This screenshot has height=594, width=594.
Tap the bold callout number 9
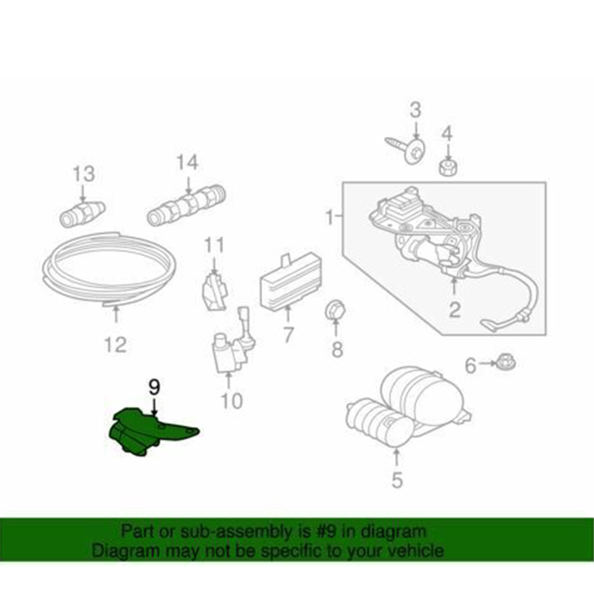click(x=154, y=387)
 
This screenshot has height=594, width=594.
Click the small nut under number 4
click(x=448, y=167)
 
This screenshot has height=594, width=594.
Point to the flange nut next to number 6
click(x=506, y=363)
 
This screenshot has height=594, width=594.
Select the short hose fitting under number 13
click(x=82, y=214)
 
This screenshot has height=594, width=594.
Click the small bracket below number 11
click(x=214, y=291)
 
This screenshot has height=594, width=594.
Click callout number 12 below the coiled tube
click(x=116, y=345)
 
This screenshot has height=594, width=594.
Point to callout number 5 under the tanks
click(x=396, y=480)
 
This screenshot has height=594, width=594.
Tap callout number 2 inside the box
click(x=454, y=310)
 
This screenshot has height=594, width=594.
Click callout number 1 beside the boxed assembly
click(x=329, y=217)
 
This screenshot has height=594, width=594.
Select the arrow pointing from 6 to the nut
click(x=487, y=364)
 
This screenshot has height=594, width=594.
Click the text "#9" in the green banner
click(x=325, y=531)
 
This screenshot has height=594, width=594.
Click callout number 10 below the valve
click(x=231, y=401)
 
